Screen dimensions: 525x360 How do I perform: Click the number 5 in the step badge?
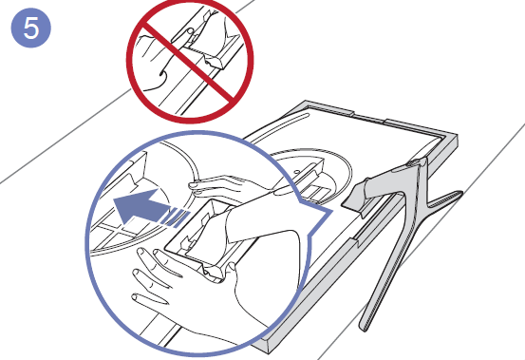point(31,28)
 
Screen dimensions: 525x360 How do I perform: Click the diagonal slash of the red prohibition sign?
point(189,63)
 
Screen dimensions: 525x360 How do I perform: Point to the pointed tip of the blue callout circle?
point(332,212)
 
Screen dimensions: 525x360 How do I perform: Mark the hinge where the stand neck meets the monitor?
point(416,163)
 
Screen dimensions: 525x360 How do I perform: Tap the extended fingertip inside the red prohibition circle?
point(190,31)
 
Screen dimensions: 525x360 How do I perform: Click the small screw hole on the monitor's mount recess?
point(296,172)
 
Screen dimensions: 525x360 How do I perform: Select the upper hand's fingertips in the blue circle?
point(195,188)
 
